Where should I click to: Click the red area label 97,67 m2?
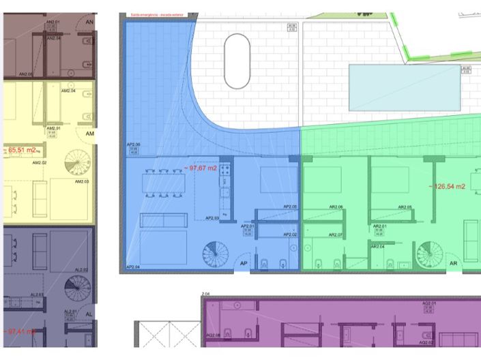(201, 168)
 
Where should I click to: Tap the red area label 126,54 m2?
(448, 185)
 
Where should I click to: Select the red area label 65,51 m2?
(22, 149)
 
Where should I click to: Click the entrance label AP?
(243, 264)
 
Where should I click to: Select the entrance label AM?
(89, 134)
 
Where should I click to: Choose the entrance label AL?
(89, 315)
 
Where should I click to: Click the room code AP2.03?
(212, 218)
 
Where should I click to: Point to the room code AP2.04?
(133, 267)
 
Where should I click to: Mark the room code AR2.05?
(405, 207)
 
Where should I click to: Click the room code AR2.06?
(336, 207)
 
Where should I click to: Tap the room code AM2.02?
(40, 164)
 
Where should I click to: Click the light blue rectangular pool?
(405, 87)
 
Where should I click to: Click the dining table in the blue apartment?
(163, 182)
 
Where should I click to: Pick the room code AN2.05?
(26, 74)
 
